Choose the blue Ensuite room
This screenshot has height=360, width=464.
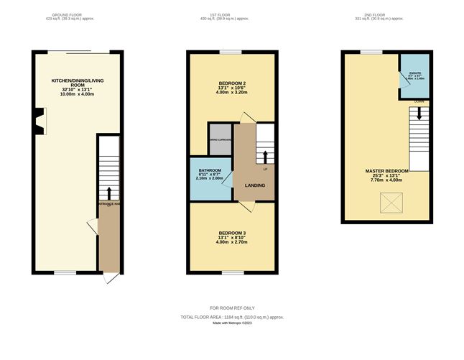pyautogui.click(x=413, y=75)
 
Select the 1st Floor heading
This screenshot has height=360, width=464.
pyautogui.click(x=231, y=14)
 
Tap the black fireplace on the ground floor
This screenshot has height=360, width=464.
pyautogui.click(x=40, y=121)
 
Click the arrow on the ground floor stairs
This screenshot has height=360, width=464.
pyautogui.click(x=109, y=193)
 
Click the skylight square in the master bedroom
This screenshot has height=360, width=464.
pyautogui.click(x=391, y=208)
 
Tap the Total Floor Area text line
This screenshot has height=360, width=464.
pyautogui.click(x=231, y=316)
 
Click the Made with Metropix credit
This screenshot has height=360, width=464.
pyautogui.click(x=231, y=323)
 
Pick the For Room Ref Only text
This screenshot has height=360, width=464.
pyautogui.click(x=231, y=308)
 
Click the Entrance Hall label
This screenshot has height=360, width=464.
pyautogui.click(x=108, y=205)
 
